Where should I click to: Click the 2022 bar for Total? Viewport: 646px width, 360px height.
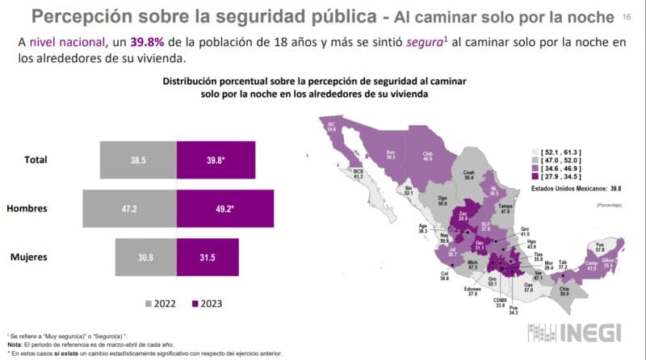tap(137, 160)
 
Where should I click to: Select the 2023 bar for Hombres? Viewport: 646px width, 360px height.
tap(224, 208)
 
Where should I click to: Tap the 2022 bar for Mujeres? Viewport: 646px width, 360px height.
tap(145, 257)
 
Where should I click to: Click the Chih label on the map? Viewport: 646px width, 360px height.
tap(428, 155)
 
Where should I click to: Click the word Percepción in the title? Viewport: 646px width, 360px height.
tap(88, 16)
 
